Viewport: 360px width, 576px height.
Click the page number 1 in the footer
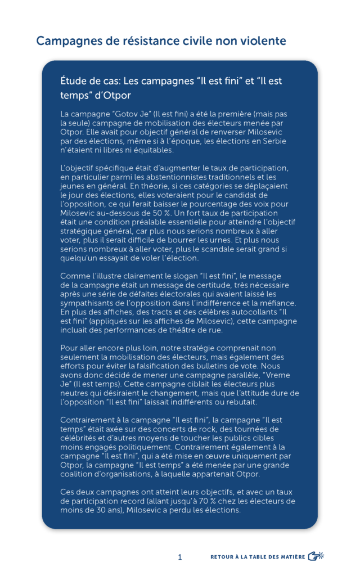click(180, 557)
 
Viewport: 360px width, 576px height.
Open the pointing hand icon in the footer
click(316, 556)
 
